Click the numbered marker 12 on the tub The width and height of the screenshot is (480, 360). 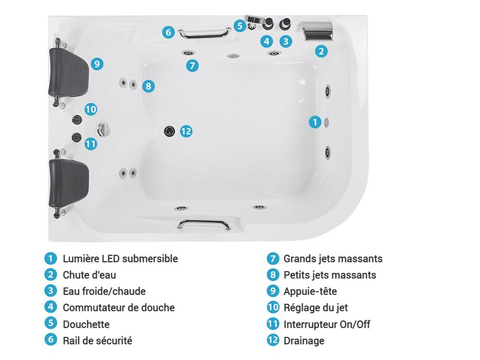click(x=186, y=132)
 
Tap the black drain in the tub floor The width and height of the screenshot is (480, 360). click(x=169, y=131)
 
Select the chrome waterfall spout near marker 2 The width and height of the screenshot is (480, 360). click(x=316, y=31)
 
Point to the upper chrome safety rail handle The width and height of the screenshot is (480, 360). click(x=205, y=33)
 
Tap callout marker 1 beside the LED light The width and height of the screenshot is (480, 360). click(x=315, y=122)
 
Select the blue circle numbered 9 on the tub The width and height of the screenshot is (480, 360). click(x=97, y=64)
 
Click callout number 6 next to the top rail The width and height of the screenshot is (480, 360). click(x=168, y=32)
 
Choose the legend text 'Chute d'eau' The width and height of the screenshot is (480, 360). click(x=89, y=275)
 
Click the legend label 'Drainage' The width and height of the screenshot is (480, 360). click(x=304, y=341)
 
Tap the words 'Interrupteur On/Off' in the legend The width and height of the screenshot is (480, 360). click(x=327, y=324)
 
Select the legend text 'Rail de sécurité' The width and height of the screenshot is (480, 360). click(x=97, y=341)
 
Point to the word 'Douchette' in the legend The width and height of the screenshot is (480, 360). click(x=86, y=324)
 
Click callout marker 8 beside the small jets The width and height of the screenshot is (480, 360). click(x=148, y=86)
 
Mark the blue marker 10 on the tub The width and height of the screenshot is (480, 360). click(x=91, y=109)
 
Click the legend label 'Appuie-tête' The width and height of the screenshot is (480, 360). click(x=311, y=291)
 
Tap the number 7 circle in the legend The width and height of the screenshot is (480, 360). click(x=273, y=259)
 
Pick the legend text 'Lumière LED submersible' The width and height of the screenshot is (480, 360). click(x=120, y=259)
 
